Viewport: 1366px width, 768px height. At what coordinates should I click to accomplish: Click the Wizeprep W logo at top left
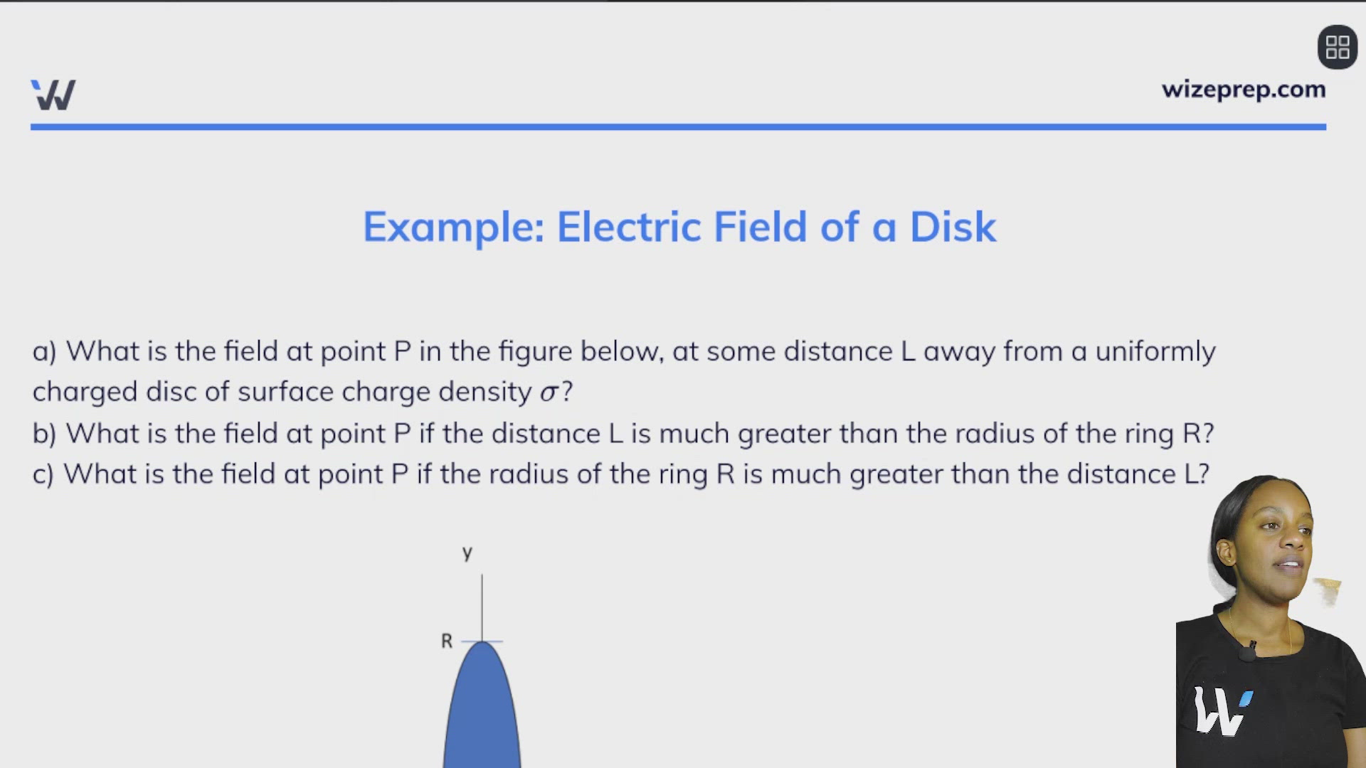coord(53,95)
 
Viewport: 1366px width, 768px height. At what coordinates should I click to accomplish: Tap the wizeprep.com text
coord(1244,90)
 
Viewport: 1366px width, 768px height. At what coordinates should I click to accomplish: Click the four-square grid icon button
coord(1338,48)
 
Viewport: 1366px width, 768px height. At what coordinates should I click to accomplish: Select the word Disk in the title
coord(953,227)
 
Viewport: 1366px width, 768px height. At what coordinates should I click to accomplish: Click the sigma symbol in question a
coord(549,392)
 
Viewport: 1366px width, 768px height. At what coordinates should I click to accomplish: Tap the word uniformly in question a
coord(1155,351)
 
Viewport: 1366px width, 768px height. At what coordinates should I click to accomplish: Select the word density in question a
coord(485,392)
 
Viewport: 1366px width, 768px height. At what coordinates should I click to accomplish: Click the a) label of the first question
coord(44,351)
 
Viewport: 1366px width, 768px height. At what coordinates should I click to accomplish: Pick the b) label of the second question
coord(44,434)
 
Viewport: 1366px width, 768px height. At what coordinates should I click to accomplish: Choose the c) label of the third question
coord(43,474)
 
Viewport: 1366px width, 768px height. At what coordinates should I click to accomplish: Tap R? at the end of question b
coord(1198,434)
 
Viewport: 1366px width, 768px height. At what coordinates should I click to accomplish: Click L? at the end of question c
coord(1196,474)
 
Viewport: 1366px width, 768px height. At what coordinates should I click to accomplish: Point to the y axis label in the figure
coord(467,553)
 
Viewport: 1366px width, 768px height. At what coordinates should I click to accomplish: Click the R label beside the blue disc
coord(447,641)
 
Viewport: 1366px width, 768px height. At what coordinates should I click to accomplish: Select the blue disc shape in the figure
coord(482,711)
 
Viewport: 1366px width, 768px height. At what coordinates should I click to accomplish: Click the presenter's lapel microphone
coord(1248,651)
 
